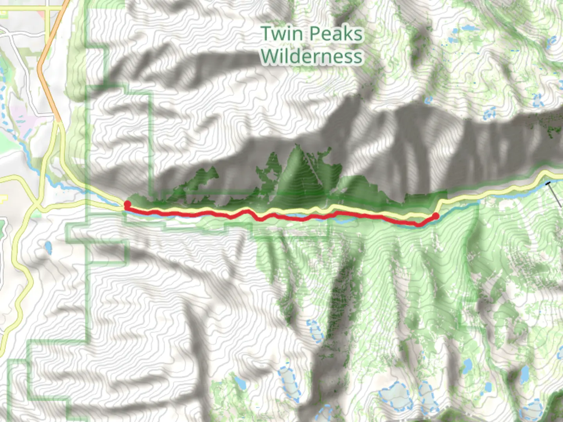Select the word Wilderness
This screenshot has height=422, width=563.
tap(312, 56)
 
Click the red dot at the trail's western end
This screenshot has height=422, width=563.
tap(127, 204)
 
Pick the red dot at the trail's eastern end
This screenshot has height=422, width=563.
tap(436, 216)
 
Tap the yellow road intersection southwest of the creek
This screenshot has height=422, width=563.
tap(37, 205)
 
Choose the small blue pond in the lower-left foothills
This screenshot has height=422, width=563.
tap(48, 247)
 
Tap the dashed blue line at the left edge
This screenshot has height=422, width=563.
tap(3, 94)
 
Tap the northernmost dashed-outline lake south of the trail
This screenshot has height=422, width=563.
tap(314, 330)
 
